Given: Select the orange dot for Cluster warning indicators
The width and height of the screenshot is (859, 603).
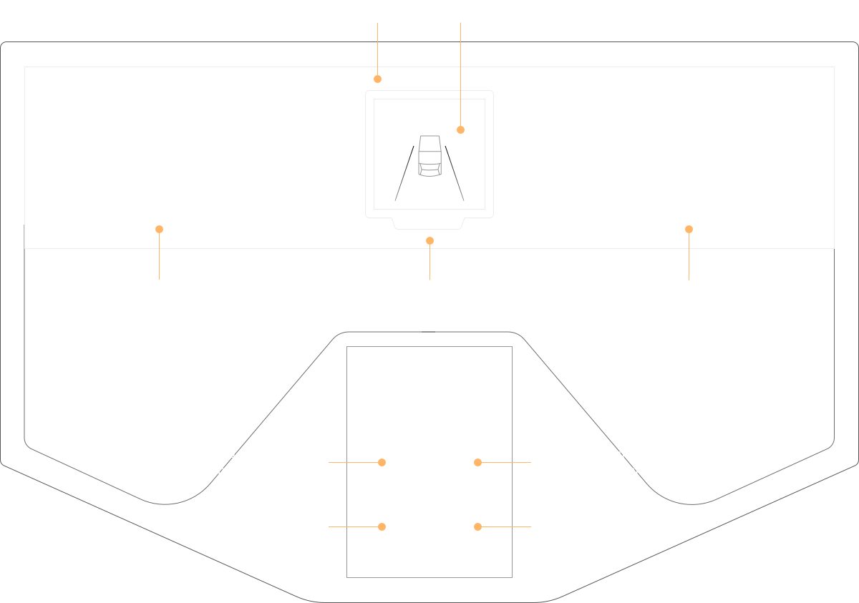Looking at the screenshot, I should coord(378,79).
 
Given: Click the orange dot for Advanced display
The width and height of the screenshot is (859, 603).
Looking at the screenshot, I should coord(460,129).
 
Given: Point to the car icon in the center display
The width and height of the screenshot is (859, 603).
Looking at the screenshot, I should coord(429,155).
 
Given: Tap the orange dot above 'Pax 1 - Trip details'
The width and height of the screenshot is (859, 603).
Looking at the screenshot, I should coord(159,229).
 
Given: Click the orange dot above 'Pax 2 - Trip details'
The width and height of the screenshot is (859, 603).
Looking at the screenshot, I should coord(689,229).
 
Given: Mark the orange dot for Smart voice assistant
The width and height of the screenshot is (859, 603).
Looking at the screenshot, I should coord(429,240).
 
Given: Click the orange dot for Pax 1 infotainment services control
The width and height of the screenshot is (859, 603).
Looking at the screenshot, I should coord(382,462).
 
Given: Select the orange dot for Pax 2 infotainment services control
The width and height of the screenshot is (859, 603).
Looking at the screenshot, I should coord(477,462).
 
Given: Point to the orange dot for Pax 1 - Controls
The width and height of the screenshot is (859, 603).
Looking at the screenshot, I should coord(382,526).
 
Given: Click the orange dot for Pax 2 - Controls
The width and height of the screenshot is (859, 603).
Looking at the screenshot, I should coord(477,526).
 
